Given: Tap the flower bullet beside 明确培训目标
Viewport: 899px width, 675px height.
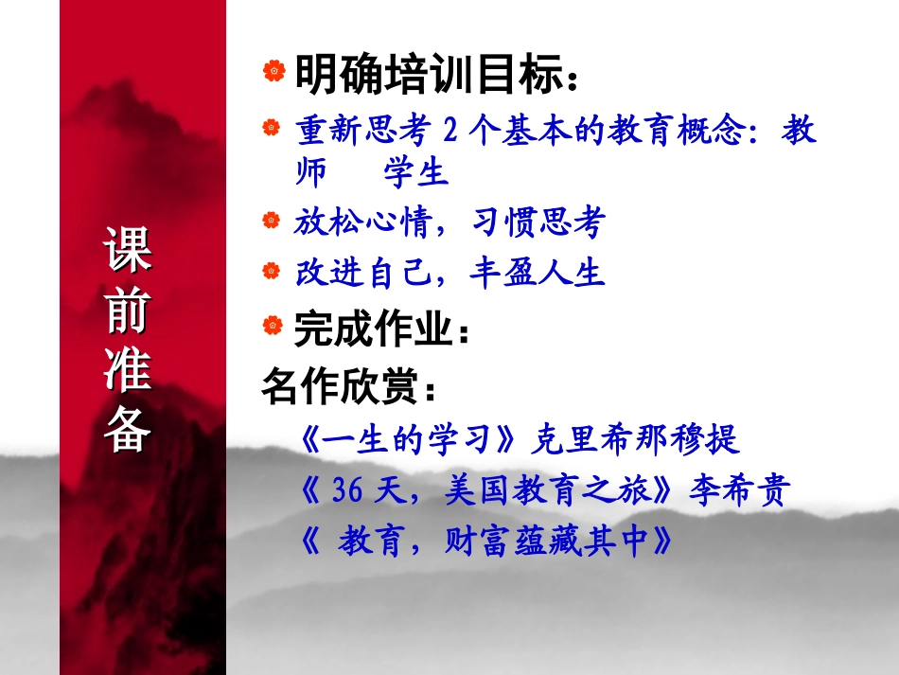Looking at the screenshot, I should tap(273, 71).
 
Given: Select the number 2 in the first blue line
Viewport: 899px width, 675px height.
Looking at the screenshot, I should tap(450, 132).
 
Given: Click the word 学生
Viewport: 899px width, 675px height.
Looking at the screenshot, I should tap(415, 173).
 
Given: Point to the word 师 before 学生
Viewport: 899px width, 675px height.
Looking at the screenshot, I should tap(310, 173).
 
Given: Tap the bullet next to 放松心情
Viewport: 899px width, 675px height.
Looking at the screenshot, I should tap(273, 222).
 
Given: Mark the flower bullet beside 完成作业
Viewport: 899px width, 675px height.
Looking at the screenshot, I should tap(273, 327).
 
